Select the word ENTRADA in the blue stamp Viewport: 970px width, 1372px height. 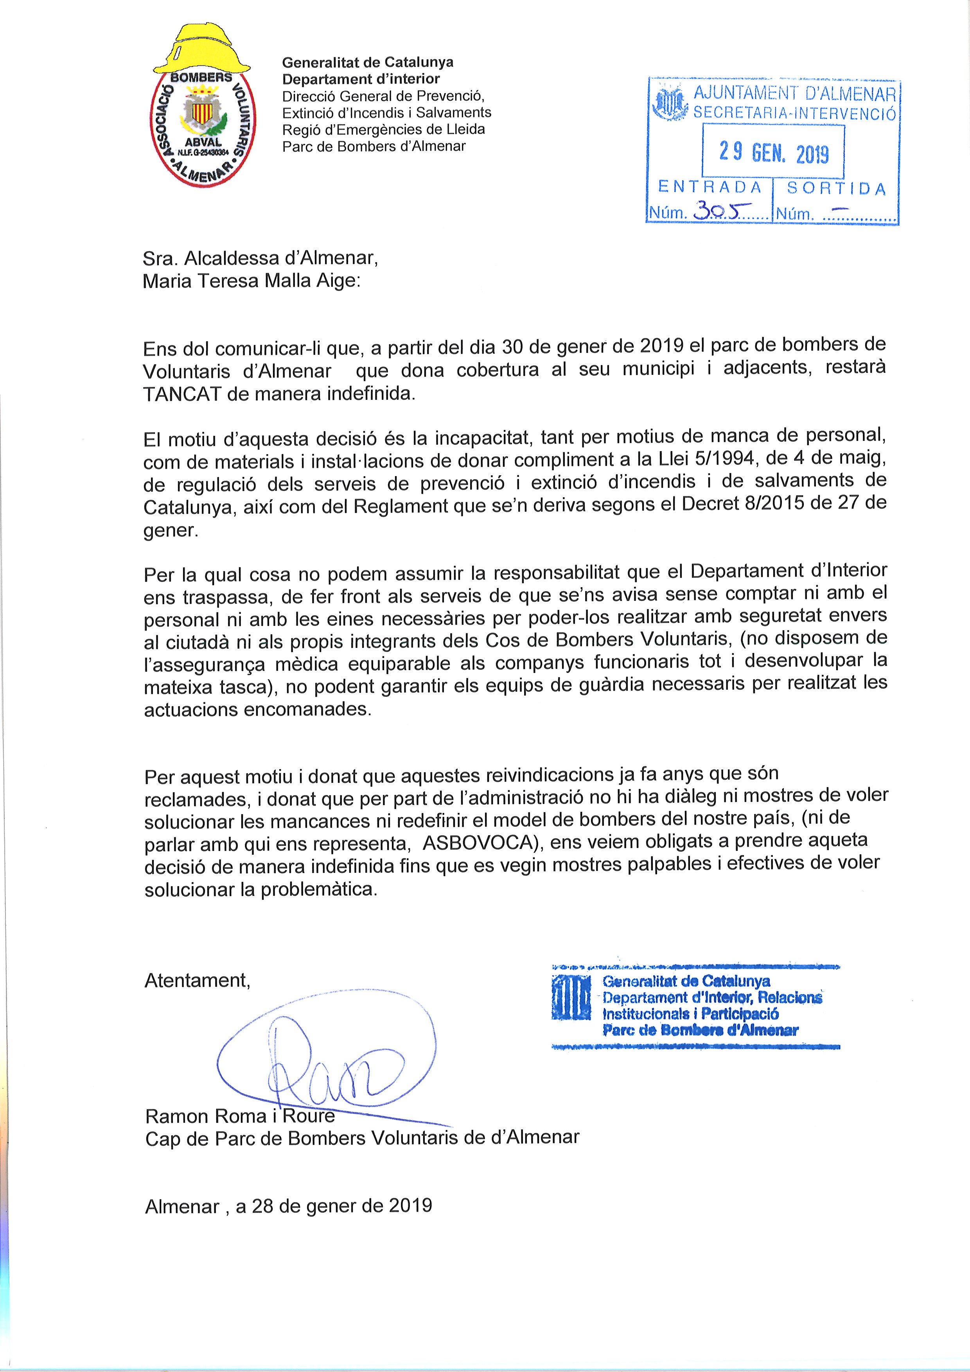[x=710, y=188]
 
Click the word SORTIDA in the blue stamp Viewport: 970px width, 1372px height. [x=836, y=189]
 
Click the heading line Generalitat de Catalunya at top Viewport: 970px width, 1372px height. [x=367, y=62]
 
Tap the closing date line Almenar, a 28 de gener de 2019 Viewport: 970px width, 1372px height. [x=289, y=1205]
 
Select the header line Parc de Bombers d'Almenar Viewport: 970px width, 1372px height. [x=374, y=146]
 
